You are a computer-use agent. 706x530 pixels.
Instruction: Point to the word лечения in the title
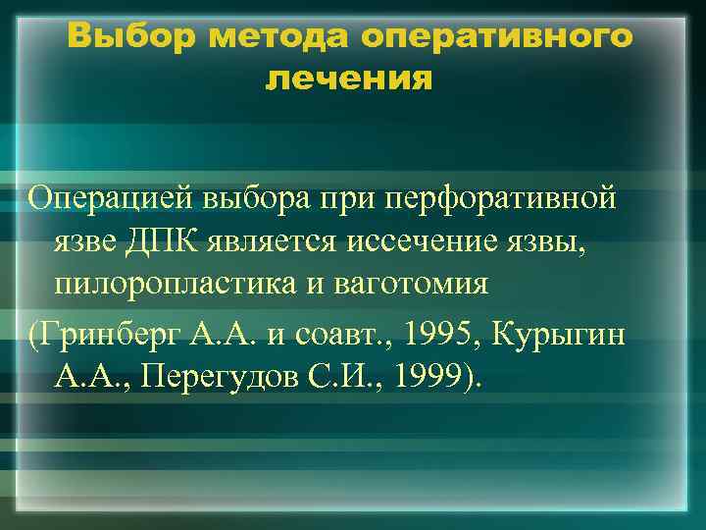348,78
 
